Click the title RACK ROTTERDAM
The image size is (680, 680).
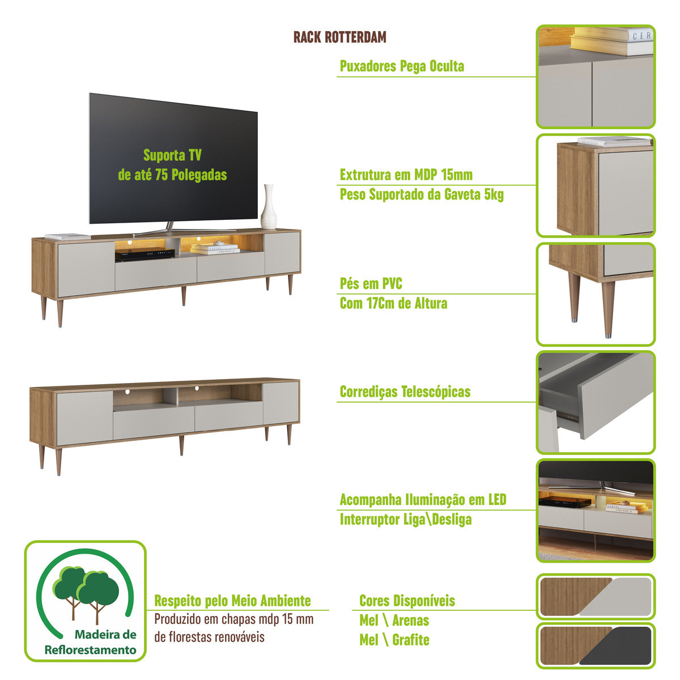click(x=339, y=37)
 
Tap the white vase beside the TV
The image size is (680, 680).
click(x=269, y=207)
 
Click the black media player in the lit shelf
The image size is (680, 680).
click(x=144, y=254)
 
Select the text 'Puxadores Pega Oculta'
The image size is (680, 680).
click(x=402, y=66)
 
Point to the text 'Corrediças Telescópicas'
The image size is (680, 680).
click(x=405, y=392)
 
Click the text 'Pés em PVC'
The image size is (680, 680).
click(x=371, y=283)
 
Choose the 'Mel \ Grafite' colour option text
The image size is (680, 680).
click(x=394, y=639)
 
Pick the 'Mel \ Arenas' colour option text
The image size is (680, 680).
click(x=394, y=620)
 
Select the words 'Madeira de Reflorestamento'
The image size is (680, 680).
click(x=91, y=642)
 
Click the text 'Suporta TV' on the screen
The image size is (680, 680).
click(x=172, y=155)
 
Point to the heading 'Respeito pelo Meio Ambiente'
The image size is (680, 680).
click(x=232, y=601)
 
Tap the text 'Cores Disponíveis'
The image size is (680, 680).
click(x=407, y=601)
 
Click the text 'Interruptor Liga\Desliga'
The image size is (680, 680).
click(x=406, y=520)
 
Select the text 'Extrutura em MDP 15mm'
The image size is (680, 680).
click(x=406, y=175)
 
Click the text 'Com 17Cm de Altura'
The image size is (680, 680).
click(x=393, y=303)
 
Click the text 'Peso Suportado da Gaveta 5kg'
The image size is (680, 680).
click(x=422, y=194)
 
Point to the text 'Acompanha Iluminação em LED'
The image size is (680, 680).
click(x=423, y=500)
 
